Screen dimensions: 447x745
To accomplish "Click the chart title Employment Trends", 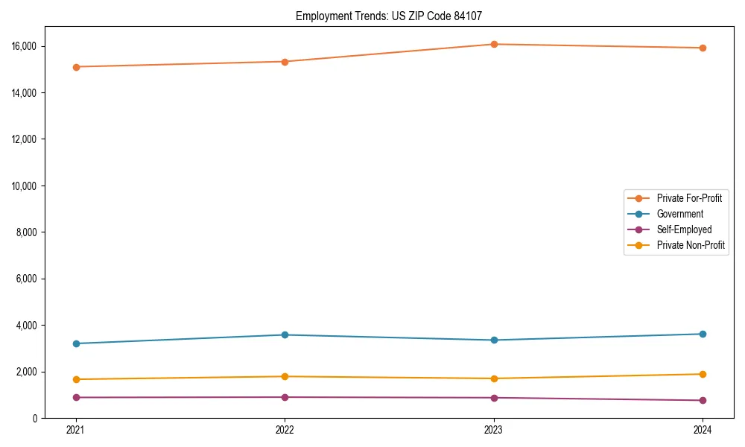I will pyautogui.click(x=394, y=16).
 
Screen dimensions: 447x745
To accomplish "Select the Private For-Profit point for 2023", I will pyautogui.click(x=494, y=44).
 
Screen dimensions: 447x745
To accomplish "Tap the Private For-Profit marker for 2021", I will pyautogui.click(x=76, y=67).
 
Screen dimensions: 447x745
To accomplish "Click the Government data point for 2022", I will pyautogui.click(x=285, y=335).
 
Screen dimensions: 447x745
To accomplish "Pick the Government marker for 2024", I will pyautogui.click(x=703, y=334).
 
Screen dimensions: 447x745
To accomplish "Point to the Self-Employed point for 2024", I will pyautogui.click(x=703, y=400).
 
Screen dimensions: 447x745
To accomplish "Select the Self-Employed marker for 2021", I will pyautogui.click(x=76, y=397).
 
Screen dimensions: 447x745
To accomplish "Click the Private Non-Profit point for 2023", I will pyautogui.click(x=494, y=378).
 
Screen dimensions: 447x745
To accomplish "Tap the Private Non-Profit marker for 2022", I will pyautogui.click(x=285, y=376).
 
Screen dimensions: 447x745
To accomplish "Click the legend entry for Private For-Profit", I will pyautogui.click(x=688, y=198).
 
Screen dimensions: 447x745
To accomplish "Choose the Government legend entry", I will pyautogui.click(x=679, y=214).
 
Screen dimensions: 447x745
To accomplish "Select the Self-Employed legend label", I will pyautogui.click(x=684, y=229).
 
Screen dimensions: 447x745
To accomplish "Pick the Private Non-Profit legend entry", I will pyautogui.click(x=691, y=245).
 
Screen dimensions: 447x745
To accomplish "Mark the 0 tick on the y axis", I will pyautogui.click(x=36, y=418).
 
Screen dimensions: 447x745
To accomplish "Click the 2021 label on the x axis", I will pyautogui.click(x=76, y=430).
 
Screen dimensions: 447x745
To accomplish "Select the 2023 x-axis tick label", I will pyautogui.click(x=494, y=430).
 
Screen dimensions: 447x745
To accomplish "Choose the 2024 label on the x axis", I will pyautogui.click(x=703, y=430).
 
